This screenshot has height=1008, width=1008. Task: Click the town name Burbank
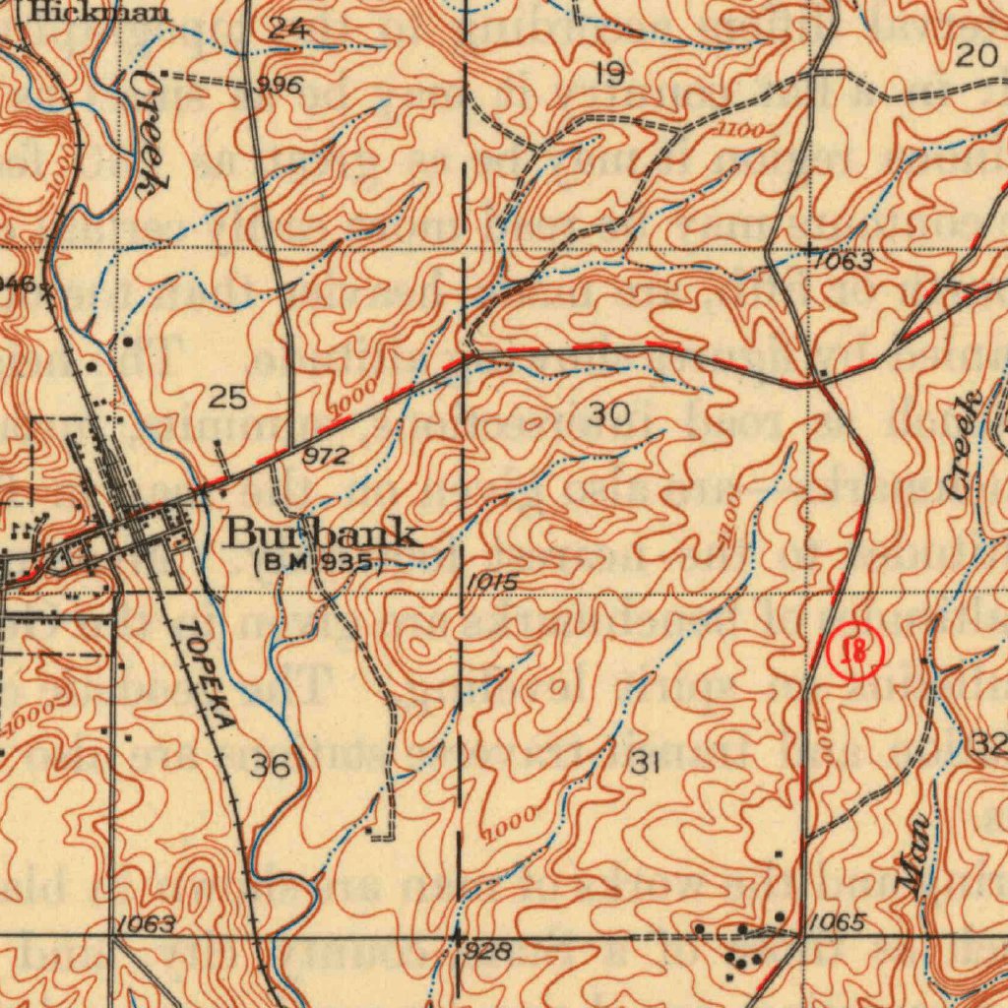point(324,535)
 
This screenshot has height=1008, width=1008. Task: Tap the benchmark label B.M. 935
point(316,563)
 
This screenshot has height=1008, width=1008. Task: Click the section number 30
point(609,414)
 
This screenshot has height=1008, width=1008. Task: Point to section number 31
point(645,761)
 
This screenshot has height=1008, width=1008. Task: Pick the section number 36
point(269,765)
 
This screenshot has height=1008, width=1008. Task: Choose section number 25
point(227,398)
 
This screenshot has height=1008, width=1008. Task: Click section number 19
point(610,74)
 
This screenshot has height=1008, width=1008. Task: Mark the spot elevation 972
point(325,456)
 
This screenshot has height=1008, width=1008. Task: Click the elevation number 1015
point(491,583)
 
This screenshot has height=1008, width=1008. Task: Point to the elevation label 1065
point(839,922)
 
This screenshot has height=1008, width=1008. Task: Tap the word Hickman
point(97,13)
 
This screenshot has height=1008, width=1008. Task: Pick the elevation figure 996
point(279,86)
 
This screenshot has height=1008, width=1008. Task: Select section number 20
point(976,57)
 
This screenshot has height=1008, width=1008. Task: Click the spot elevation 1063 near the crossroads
point(842,262)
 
